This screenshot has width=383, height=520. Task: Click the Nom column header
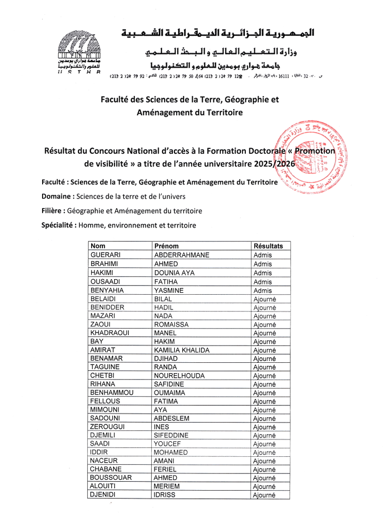98,246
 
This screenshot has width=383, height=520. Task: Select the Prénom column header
167,246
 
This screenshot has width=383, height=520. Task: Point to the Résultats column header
268,246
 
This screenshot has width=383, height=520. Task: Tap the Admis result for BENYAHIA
263,290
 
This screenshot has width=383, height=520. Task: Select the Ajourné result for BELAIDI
265,299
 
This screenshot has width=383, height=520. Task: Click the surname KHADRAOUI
110,333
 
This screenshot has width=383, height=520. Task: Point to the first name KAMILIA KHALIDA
182,350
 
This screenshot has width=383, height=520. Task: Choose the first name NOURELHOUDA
179,376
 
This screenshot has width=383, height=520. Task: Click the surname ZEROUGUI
108,426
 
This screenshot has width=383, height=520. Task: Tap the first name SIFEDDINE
171,435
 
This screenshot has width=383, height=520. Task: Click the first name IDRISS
165,495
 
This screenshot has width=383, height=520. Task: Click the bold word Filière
53,211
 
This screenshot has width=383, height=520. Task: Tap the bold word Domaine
56,197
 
